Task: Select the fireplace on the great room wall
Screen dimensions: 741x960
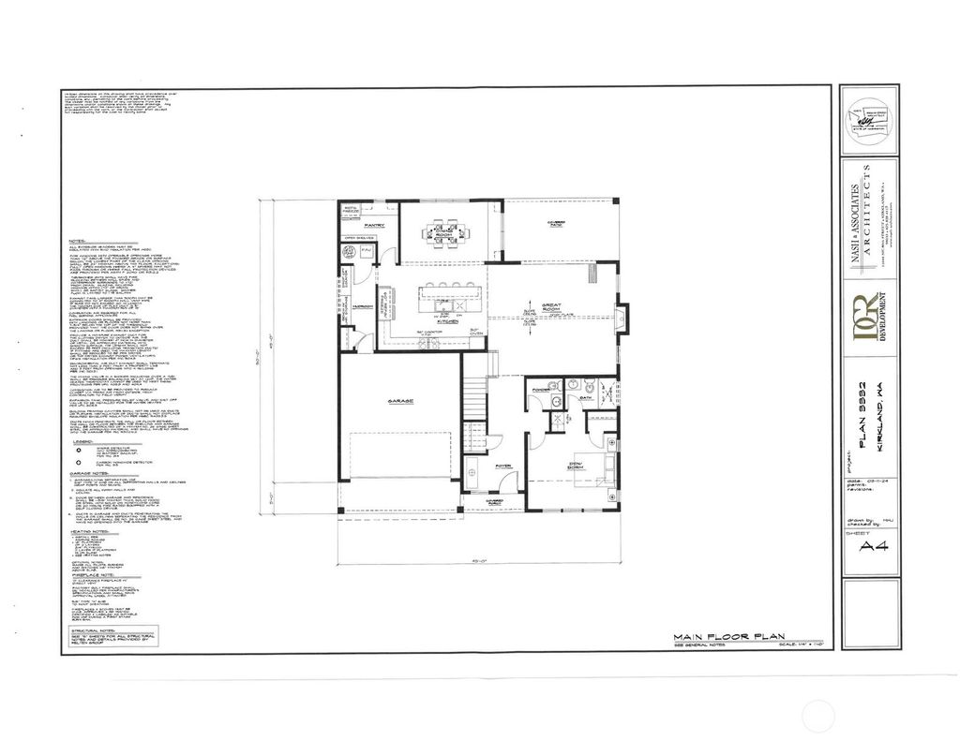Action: [x=621, y=316]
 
